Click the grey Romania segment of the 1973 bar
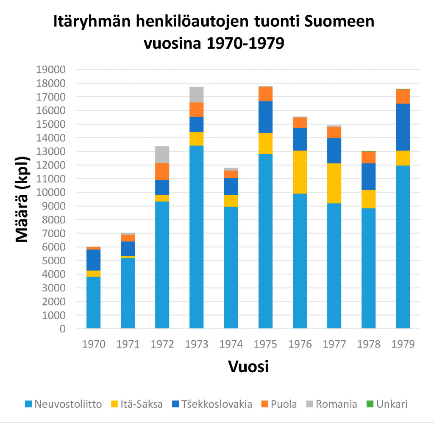(x=196, y=95)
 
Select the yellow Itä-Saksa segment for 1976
(x=300, y=172)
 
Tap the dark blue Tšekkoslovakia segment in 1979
(x=403, y=127)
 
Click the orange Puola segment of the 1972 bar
(x=162, y=171)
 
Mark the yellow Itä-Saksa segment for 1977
(x=334, y=183)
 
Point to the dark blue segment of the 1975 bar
(x=265, y=117)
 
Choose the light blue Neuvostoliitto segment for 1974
(x=231, y=267)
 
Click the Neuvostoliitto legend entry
(x=64, y=404)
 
